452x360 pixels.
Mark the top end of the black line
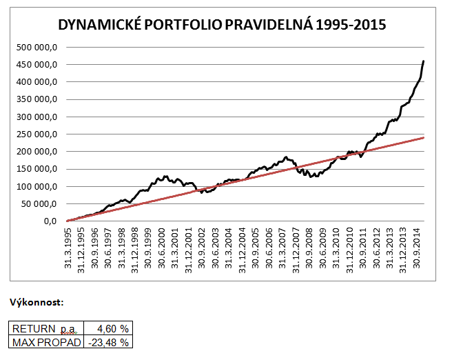(423, 61)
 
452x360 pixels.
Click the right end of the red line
(423, 137)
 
